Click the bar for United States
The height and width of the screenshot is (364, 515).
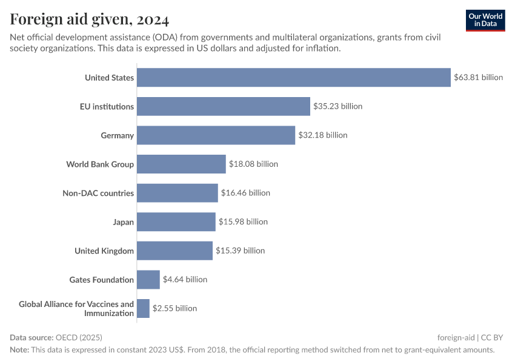click(294, 77)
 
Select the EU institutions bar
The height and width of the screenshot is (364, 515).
click(224, 106)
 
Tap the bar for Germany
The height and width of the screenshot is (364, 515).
click(216, 135)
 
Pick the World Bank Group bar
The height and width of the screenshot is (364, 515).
click(181, 164)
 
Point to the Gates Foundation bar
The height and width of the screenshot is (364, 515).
click(148, 280)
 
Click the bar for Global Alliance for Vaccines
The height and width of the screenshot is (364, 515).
click(143, 308)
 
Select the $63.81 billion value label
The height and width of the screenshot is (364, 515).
click(479, 77)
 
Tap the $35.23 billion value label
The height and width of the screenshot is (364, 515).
click(337, 106)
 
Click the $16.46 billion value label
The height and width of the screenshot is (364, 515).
click(245, 193)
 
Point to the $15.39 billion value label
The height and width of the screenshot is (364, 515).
click(240, 251)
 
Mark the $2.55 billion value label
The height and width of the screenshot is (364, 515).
click(174, 308)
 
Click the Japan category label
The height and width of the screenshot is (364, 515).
click(123, 222)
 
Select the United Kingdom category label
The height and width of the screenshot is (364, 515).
click(104, 251)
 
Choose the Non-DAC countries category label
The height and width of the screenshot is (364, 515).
click(98, 193)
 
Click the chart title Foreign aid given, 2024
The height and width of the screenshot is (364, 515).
click(90, 19)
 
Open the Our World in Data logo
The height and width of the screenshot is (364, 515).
click(485, 21)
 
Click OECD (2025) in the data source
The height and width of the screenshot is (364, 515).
click(79, 337)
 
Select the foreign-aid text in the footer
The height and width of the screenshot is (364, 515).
click(456, 337)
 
